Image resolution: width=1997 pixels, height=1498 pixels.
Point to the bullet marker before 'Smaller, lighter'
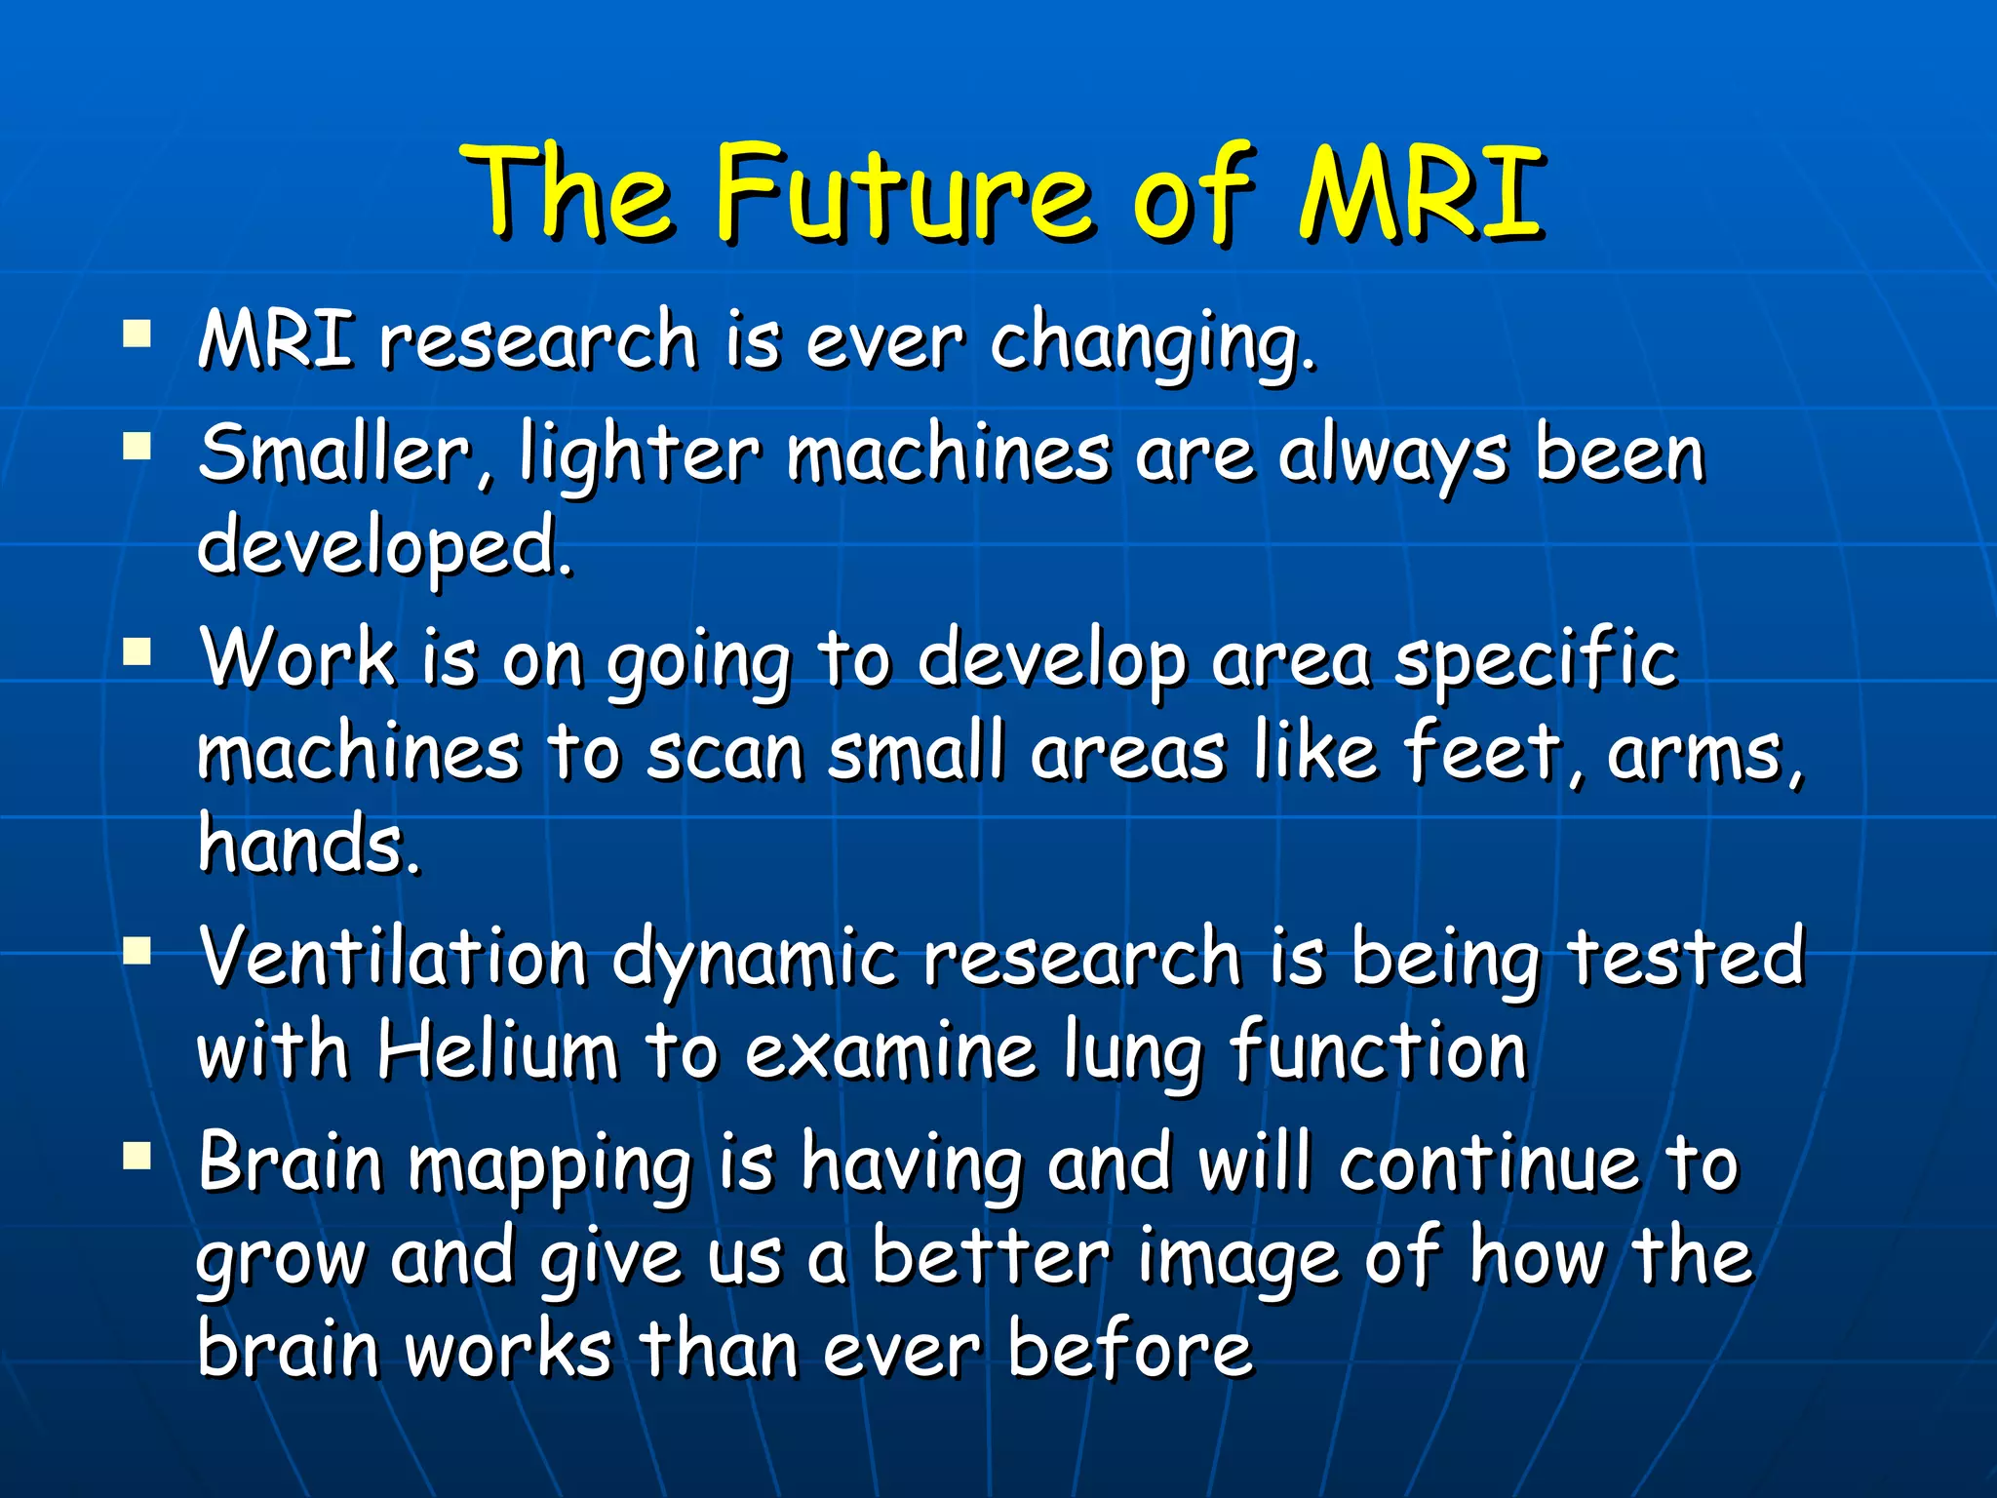137,446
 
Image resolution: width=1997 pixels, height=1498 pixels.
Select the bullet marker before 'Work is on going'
137,650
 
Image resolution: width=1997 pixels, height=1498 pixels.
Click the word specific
1535,659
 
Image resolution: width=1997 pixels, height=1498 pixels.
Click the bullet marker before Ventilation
137,948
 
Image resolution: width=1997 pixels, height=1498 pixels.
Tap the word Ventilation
392,956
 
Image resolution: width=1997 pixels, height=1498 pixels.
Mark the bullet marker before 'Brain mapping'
137,1156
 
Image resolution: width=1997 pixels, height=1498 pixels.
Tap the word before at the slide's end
1129,1350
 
